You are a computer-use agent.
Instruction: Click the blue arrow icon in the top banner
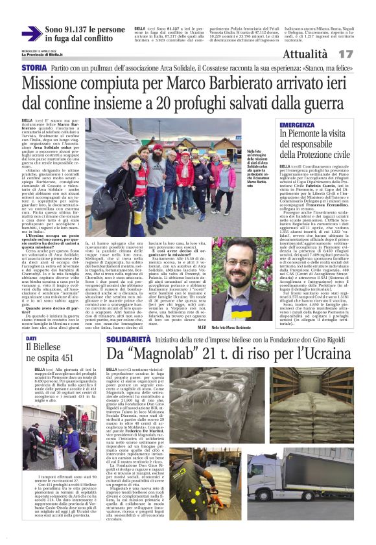point(31,34)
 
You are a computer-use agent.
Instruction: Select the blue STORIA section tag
point(34,67)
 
